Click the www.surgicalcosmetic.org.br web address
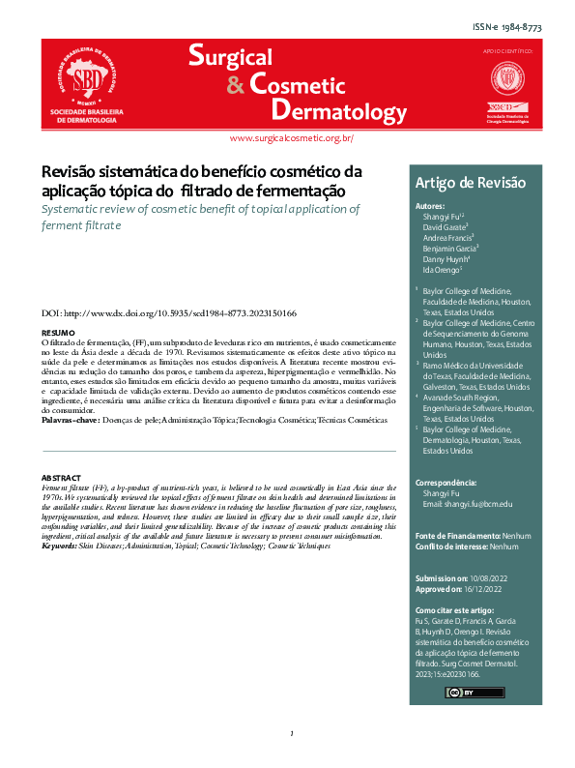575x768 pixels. click(291, 139)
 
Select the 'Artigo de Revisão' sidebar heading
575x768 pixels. click(443, 183)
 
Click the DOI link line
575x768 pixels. click(168, 314)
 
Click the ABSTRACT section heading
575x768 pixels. click(61, 479)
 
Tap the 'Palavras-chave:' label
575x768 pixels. click(71, 422)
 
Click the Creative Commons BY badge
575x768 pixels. click(461, 693)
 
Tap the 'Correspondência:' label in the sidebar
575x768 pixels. click(444, 482)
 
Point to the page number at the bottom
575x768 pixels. click(290, 735)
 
